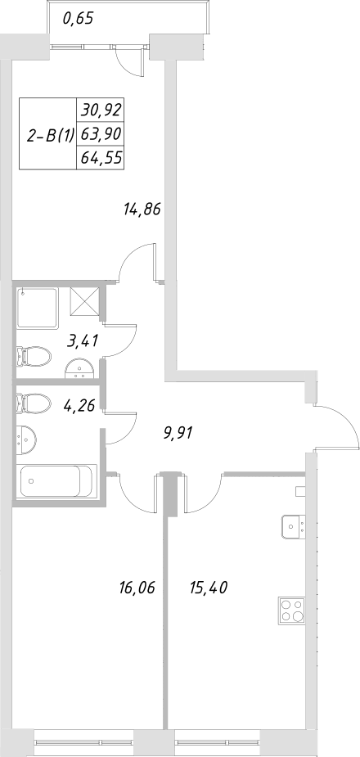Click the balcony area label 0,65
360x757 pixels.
(77, 19)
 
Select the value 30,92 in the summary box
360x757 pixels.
(101, 108)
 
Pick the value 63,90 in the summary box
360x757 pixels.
(101, 133)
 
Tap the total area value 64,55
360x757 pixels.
(101, 157)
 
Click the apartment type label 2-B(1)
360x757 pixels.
(51, 136)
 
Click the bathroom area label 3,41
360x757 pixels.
(83, 340)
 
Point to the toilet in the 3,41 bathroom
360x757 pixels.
(34, 356)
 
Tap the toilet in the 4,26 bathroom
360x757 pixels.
(33, 403)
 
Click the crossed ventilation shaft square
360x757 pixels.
(84, 300)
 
